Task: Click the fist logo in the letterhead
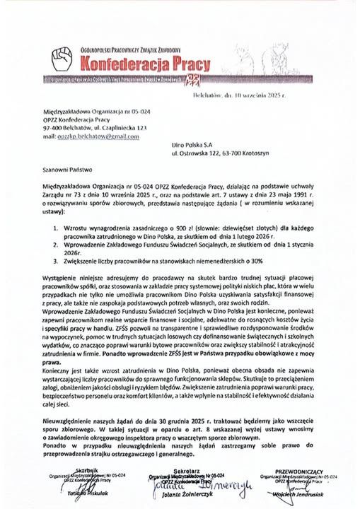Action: [x=64, y=60]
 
